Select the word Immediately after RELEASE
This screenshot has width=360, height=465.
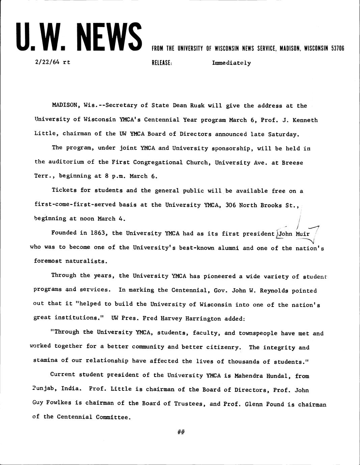pyautogui.click(x=231, y=63)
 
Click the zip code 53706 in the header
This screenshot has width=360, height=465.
pyautogui.click(x=337, y=48)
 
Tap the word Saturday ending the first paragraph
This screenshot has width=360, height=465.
pyautogui.click(x=283, y=134)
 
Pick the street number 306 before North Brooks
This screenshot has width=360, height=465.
pyautogui.click(x=230, y=205)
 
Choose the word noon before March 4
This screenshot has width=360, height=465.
pyautogui.click(x=87, y=219)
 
